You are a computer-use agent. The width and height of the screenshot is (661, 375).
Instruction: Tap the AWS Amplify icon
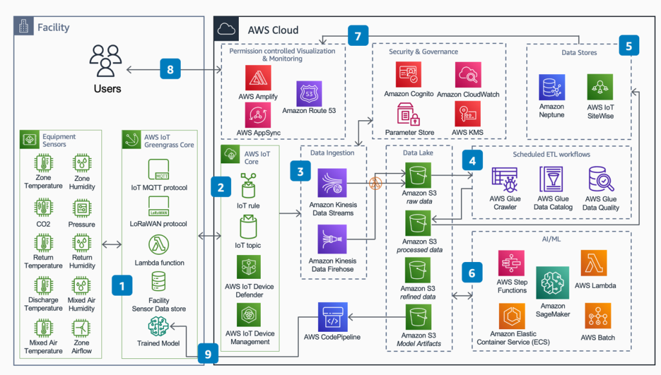click(x=258, y=78)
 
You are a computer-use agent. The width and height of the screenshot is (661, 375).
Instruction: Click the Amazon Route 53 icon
click(x=309, y=94)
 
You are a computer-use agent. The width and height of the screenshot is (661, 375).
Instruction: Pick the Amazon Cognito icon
click(x=409, y=75)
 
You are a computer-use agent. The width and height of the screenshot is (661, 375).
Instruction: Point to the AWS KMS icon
click(x=467, y=114)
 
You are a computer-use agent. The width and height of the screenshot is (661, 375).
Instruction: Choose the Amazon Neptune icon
click(x=552, y=87)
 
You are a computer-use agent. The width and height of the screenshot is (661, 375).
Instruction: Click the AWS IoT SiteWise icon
click(x=600, y=87)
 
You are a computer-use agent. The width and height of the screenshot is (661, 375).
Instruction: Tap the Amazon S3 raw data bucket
click(x=418, y=174)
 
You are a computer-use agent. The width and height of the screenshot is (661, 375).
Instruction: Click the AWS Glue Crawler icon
click(x=505, y=180)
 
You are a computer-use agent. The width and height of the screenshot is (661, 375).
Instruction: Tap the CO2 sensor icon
click(x=43, y=208)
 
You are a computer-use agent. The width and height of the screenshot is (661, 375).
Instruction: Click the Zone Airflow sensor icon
click(x=82, y=329)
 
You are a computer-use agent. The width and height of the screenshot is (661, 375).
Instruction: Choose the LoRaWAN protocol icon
click(x=158, y=207)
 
